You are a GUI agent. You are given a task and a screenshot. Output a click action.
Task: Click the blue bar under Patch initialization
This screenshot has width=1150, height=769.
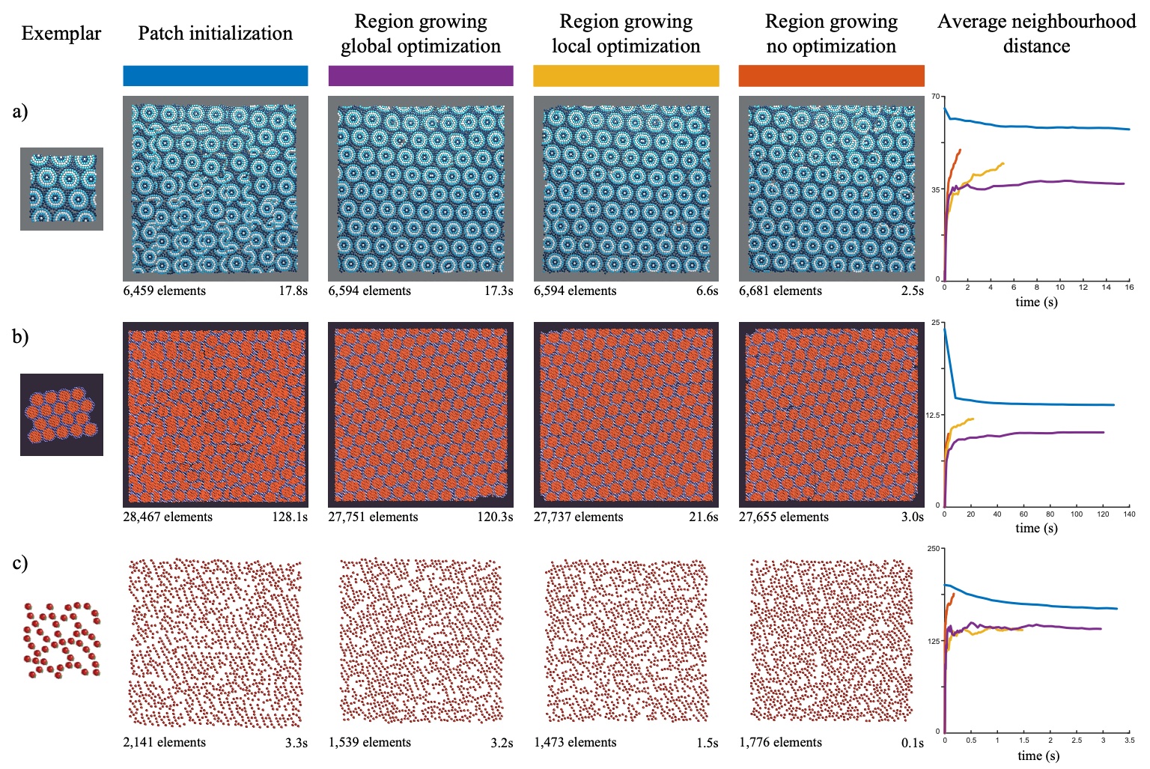(x=215, y=76)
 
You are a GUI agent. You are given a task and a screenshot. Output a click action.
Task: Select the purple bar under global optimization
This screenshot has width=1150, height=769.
(x=420, y=76)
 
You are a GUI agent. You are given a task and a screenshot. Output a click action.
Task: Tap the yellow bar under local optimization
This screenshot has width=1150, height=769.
(x=626, y=76)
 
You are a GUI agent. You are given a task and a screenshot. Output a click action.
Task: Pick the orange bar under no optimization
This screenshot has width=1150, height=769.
(x=831, y=76)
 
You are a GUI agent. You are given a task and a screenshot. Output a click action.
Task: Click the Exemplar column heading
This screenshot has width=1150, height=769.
(x=61, y=34)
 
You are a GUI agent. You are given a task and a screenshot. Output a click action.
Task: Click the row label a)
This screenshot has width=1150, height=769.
(x=20, y=112)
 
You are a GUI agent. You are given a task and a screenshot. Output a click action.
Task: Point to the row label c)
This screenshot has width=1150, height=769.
(x=20, y=563)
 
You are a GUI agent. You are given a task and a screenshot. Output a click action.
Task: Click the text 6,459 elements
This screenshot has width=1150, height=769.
(x=164, y=291)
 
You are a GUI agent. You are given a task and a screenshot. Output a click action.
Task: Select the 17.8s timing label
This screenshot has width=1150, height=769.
(x=293, y=291)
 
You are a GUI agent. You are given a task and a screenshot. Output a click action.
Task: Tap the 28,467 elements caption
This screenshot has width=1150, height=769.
(x=167, y=517)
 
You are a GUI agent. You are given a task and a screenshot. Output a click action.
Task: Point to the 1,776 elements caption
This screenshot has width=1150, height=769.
(x=780, y=743)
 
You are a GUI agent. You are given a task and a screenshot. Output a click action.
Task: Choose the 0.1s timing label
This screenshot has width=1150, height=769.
(x=912, y=744)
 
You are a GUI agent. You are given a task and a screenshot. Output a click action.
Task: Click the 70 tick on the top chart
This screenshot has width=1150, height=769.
(x=936, y=97)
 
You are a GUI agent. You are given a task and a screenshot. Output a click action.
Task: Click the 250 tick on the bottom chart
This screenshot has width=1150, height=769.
(x=934, y=549)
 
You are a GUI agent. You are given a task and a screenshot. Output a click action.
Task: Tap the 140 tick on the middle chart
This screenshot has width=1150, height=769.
(x=1129, y=514)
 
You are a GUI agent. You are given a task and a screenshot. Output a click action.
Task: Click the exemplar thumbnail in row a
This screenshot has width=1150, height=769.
(x=61, y=189)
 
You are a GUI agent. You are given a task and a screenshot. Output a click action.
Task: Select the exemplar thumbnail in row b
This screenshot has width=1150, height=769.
(x=61, y=414)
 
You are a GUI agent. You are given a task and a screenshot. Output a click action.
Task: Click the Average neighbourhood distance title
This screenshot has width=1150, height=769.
(x=1036, y=34)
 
